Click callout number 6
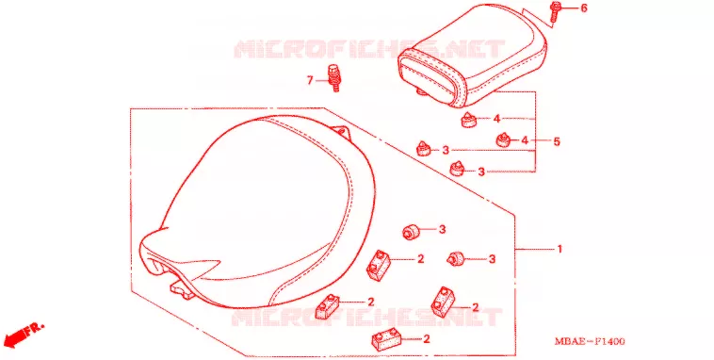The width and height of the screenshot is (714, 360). (583, 8)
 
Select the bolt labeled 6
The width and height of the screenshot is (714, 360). (555, 12)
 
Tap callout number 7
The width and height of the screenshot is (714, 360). (310, 81)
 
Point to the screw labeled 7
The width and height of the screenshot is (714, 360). (334, 78)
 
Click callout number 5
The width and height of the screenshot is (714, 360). (557, 141)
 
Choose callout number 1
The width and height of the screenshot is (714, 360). (560, 249)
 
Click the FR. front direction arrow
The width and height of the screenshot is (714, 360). (24, 335)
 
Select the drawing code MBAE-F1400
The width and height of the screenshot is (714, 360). (590, 341)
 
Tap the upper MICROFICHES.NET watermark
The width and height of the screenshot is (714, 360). (369, 49)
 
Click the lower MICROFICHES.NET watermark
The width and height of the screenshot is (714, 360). (366, 318)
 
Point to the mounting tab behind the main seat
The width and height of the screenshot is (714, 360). (342, 132)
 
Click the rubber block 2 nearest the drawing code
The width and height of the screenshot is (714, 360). (444, 301)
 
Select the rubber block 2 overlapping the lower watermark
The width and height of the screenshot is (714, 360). (328, 306)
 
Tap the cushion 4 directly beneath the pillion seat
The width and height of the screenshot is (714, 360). (469, 121)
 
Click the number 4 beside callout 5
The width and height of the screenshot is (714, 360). (525, 140)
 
